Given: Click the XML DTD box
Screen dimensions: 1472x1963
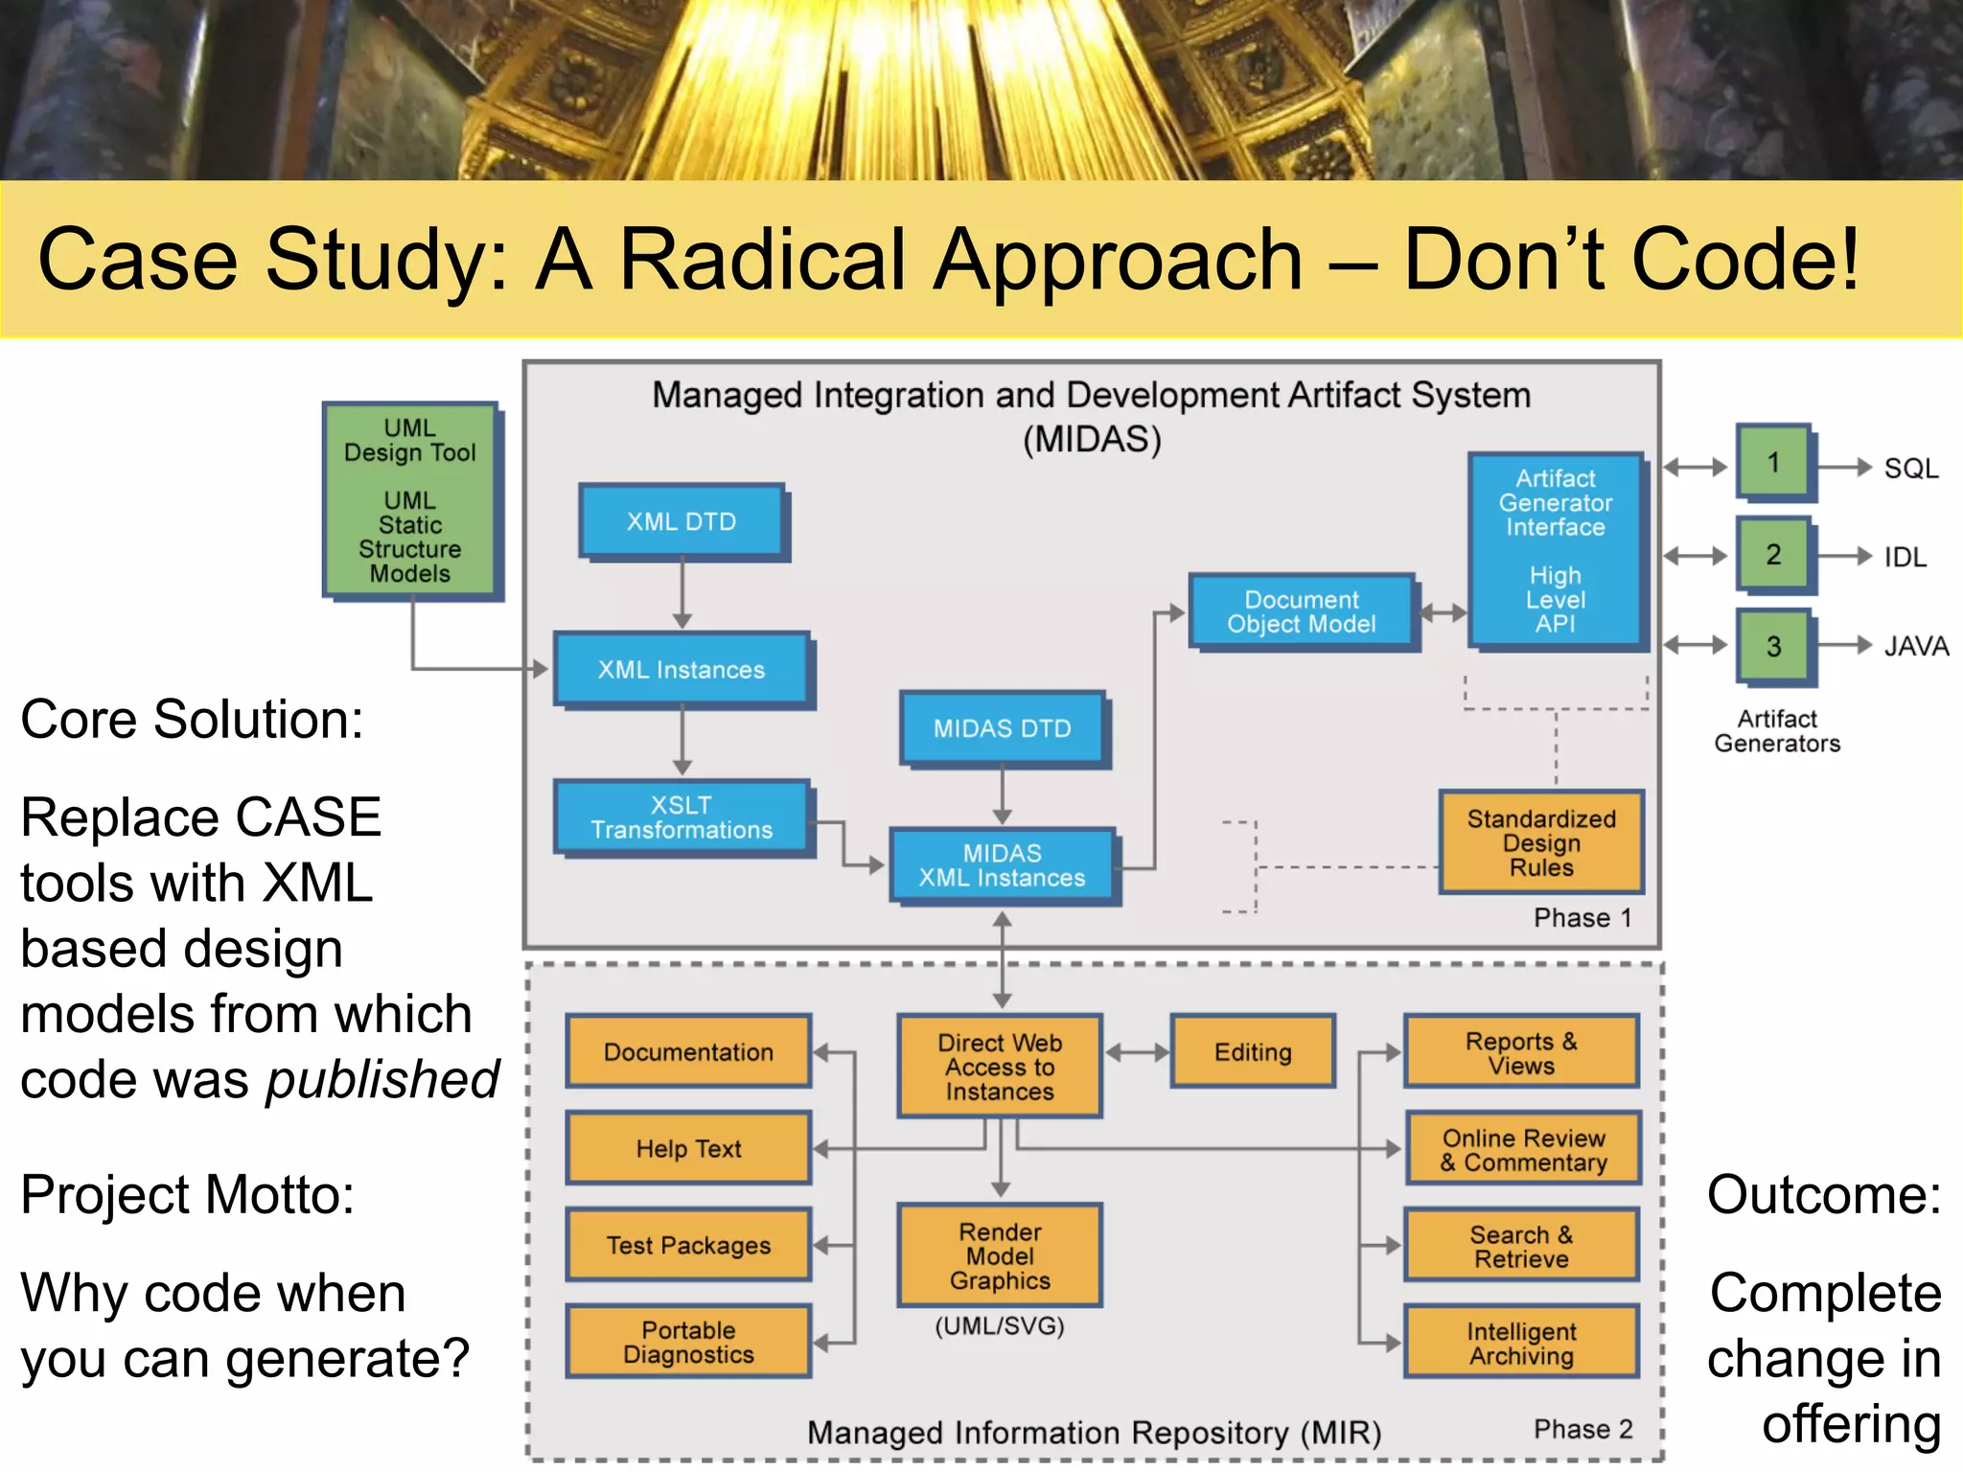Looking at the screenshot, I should click(x=681, y=521).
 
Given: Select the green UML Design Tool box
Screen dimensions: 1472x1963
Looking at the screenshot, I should click(x=410, y=499).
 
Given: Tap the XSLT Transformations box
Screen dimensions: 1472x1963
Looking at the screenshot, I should click(x=681, y=816).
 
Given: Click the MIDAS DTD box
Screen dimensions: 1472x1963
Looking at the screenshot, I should click(x=1002, y=728).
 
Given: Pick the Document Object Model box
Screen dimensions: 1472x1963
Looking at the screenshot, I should click(x=1301, y=611).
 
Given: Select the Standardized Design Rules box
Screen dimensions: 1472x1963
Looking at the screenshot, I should click(x=1541, y=842).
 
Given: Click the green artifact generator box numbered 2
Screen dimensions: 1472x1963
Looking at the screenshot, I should click(x=1773, y=554).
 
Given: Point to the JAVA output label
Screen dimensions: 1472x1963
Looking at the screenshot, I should click(x=1916, y=646).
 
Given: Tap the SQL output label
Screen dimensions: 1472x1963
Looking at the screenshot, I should click(x=1910, y=469).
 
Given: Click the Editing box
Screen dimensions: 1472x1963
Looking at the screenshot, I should click(x=1253, y=1051).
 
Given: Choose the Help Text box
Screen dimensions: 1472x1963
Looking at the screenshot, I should click(x=688, y=1148).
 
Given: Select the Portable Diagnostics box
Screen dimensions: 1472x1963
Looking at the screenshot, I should click(x=688, y=1342).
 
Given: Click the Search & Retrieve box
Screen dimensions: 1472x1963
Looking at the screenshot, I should click(x=1521, y=1246).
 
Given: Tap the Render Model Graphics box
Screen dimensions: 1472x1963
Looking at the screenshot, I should click(x=1000, y=1255).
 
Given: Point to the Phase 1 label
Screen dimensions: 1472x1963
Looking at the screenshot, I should click(x=1582, y=917).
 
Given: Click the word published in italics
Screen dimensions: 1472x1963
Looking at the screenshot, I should click(x=382, y=1080).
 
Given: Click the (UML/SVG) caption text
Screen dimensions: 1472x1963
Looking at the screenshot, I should click(x=1000, y=1326).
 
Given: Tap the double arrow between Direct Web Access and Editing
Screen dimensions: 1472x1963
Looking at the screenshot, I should click(x=1137, y=1052).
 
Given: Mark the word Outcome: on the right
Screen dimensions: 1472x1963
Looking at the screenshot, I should click(x=1824, y=1195).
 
